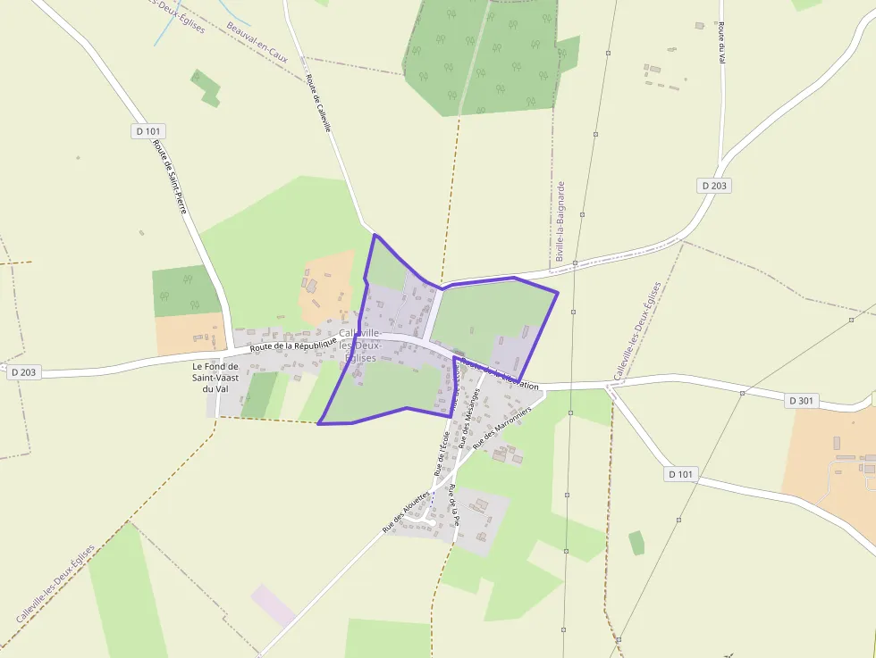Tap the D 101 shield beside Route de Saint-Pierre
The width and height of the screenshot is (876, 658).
[149, 131]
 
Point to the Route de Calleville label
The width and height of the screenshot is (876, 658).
[318, 103]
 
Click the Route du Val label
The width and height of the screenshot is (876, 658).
[720, 43]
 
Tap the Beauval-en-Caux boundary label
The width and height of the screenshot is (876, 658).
[257, 36]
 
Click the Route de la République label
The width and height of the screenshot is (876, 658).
[293, 344]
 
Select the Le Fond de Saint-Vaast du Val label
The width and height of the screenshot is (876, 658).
[215, 377]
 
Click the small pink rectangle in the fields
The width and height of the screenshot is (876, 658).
[273, 604]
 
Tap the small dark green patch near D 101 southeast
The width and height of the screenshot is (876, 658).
[636, 543]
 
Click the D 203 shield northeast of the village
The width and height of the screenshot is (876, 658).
[714, 185]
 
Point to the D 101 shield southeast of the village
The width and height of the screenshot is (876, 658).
[681, 474]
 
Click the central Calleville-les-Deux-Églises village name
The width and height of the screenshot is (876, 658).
[360, 345]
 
